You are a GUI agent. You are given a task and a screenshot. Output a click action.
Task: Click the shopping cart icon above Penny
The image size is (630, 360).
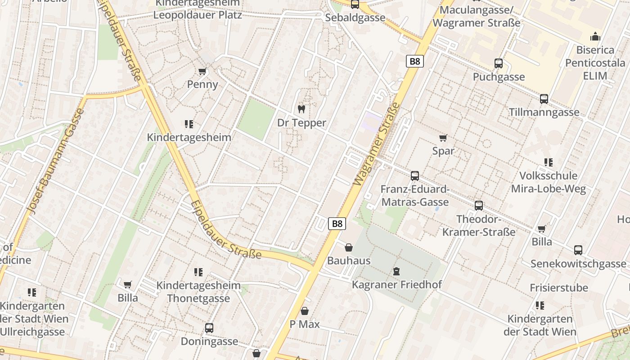click(x=202, y=72)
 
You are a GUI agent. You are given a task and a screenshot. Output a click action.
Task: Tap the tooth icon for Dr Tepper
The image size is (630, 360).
click(x=301, y=109)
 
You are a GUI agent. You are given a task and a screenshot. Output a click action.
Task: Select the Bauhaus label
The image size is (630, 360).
click(x=349, y=261)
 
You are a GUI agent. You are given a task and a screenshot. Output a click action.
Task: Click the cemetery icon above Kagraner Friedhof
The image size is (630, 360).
click(x=396, y=271)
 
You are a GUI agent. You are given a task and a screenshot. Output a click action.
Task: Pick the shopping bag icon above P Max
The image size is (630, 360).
click(x=305, y=311)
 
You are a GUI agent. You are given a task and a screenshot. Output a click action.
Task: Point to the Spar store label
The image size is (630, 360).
click(x=443, y=151)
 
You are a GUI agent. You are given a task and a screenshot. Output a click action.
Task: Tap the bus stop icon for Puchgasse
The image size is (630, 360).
click(x=499, y=63)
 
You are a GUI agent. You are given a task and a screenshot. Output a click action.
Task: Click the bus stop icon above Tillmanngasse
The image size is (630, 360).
click(x=544, y=99)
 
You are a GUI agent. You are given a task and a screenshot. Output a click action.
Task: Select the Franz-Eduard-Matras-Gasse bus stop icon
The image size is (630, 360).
click(x=415, y=176)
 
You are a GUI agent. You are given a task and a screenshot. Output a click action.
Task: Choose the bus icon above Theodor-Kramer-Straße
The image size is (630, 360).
click(x=479, y=206)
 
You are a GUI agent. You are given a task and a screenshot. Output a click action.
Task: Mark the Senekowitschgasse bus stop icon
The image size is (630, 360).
click(x=578, y=250)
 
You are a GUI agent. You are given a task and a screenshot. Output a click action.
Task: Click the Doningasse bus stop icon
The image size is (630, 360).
click(x=209, y=328)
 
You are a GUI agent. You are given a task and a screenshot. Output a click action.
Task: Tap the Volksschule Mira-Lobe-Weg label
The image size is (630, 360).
click(x=548, y=182)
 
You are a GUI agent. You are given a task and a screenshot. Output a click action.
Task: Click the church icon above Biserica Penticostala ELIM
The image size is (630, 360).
click(x=595, y=36)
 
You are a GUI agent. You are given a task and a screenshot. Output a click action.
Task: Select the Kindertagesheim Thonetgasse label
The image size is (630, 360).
click(x=198, y=292)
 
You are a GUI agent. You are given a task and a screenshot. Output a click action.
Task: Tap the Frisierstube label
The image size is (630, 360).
click(x=559, y=288)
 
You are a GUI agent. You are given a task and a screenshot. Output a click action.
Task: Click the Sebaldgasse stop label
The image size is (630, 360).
click(x=355, y=18)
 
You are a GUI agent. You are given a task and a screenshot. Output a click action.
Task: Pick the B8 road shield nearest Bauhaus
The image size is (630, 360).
click(x=337, y=223)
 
